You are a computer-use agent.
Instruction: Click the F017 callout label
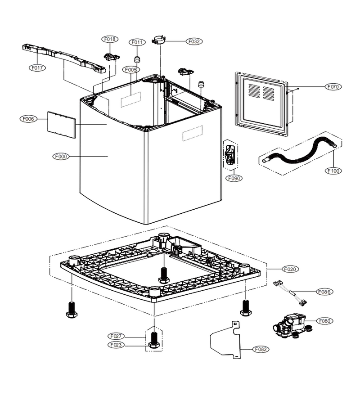click(37, 68)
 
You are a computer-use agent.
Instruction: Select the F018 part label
click(110, 39)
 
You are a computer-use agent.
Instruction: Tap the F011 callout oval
click(137, 42)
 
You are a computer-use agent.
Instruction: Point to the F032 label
click(194, 41)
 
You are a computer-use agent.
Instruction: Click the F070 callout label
click(333, 87)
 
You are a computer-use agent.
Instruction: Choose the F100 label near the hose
click(333, 171)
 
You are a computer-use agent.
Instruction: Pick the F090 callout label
click(234, 178)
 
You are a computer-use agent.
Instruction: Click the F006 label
click(28, 119)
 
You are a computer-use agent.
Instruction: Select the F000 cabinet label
click(61, 157)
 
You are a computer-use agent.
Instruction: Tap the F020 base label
click(290, 269)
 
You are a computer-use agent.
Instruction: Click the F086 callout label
click(324, 292)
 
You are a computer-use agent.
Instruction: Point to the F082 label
click(261, 349)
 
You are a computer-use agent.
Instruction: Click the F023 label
click(116, 345)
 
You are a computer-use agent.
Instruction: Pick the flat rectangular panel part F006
click(62, 125)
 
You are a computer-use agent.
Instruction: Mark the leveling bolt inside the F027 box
click(153, 340)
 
